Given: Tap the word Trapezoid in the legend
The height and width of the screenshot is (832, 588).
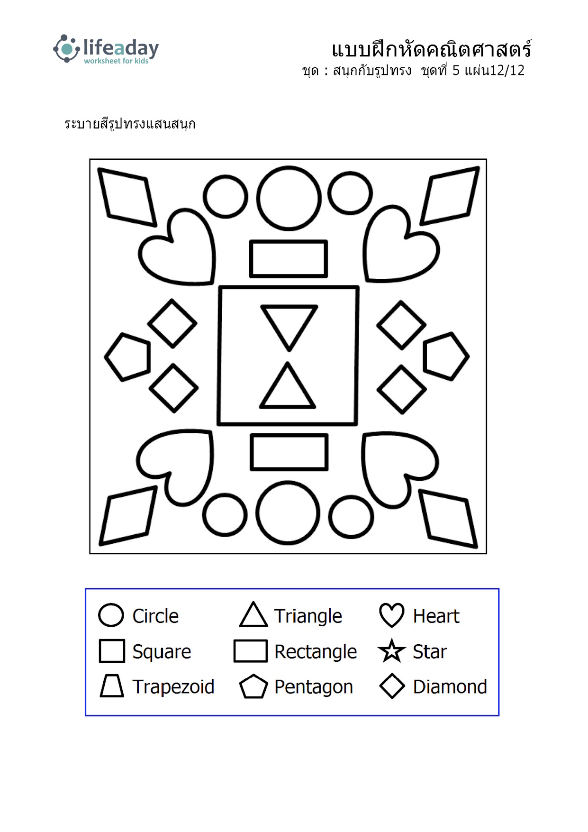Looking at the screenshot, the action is click(x=173, y=686).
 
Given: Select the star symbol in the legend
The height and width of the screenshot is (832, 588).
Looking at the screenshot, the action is click(x=392, y=651).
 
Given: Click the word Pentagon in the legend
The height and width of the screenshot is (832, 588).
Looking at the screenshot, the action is click(x=314, y=687).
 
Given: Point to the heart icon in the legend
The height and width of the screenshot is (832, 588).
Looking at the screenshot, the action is click(x=392, y=615).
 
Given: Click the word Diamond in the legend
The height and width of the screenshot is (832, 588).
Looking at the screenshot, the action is click(x=450, y=686).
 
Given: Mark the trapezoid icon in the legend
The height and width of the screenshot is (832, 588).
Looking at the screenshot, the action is click(x=112, y=686).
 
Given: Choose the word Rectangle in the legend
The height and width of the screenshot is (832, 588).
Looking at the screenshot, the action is click(x=316, y=652).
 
